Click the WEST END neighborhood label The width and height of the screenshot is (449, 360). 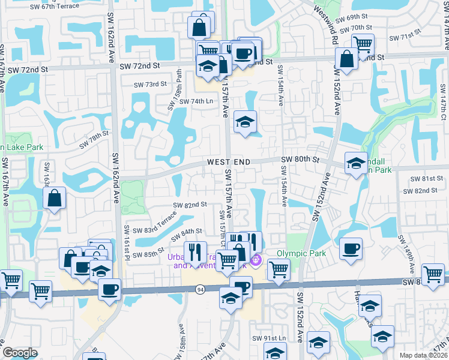coord(228,163)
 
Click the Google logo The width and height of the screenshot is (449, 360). coord(20,353)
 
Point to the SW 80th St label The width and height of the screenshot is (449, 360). coord(300,160)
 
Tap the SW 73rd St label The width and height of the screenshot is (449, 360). coord(149,85)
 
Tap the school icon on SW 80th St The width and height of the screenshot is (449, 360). coord(355,163)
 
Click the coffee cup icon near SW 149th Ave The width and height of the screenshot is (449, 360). coord(351,248)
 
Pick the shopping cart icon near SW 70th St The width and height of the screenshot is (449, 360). coord(363,44)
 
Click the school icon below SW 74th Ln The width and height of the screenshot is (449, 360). coord(245,122)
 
